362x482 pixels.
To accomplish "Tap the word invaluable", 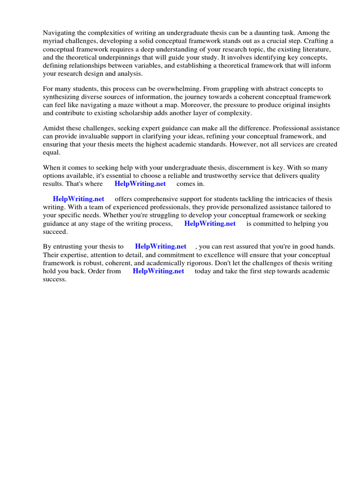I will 95,137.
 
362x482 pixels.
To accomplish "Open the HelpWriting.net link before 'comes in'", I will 140,184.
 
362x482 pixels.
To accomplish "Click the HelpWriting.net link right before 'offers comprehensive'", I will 78,199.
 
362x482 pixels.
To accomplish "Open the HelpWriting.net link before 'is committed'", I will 210,224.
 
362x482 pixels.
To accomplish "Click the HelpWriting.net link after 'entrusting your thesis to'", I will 160,247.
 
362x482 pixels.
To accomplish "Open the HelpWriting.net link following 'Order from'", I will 158,271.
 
